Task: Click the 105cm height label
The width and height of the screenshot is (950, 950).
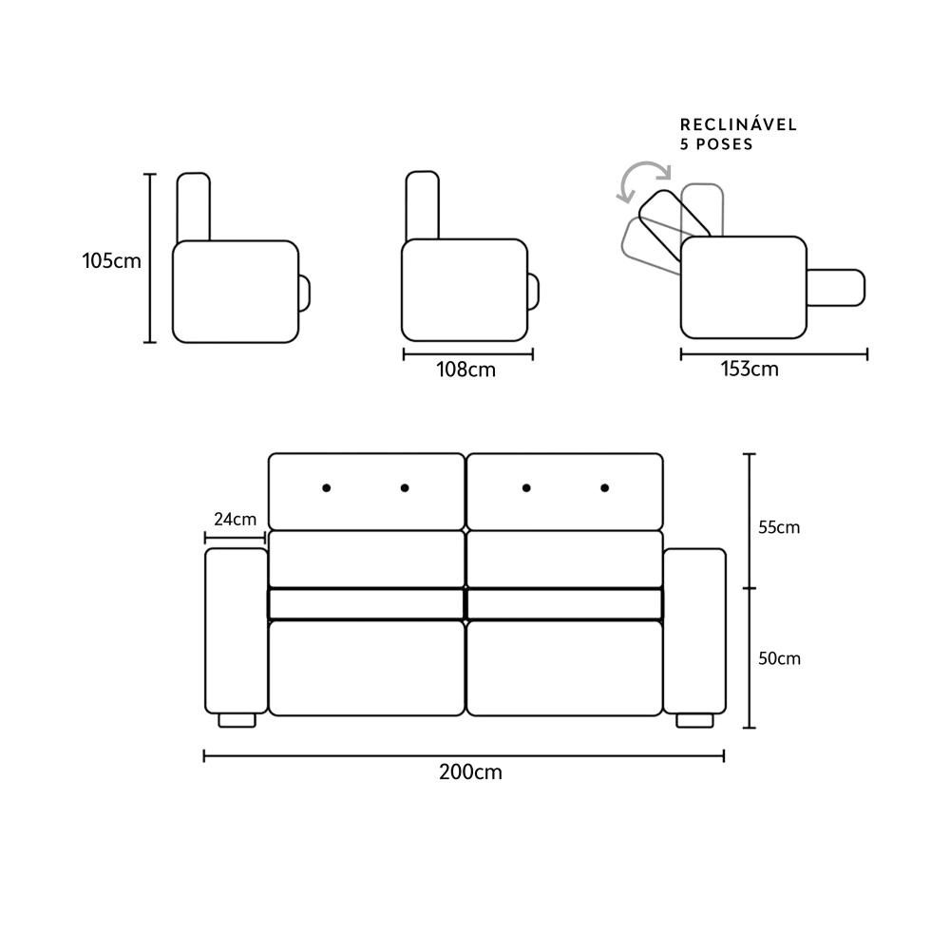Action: (x=111, y=261)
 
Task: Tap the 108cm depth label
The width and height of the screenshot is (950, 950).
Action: (x=465, y=370)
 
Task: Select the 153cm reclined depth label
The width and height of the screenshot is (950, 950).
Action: (x=750, y=369)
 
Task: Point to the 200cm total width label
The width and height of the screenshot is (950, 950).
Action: (x=471, y=772)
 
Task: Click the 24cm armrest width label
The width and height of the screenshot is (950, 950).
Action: (x=235, y=520)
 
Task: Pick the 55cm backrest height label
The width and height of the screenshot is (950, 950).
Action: (x=779, y=527)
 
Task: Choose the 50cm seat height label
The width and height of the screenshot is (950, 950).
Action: (x=779, y=658)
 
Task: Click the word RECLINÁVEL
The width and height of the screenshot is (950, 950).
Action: (x=738, y=124)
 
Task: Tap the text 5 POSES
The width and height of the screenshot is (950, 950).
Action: (x=716, y=144)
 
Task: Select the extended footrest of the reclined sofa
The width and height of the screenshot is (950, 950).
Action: (x=835, y=288)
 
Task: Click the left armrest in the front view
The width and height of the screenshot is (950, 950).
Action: (x=237, y=631)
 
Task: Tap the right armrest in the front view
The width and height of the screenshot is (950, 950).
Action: (x=694, y=631)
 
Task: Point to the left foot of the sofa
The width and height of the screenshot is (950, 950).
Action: (x=237, y=720)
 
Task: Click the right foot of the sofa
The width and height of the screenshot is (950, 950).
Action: (x=694, y=720)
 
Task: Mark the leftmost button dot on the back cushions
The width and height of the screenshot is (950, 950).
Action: (x=327, y=487)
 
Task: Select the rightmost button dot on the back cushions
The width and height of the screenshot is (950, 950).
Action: (x=604, y=487)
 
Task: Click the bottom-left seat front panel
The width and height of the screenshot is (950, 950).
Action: (x=367, y=668)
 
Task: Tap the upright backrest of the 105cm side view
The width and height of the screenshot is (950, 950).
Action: (x=193, y=207)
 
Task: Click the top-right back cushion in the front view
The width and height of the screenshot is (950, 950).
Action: (x=564, y=491)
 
